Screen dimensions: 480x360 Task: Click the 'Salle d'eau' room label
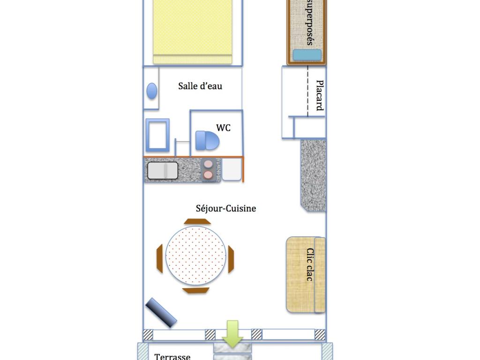[x=200, y=86]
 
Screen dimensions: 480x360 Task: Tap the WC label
[x=223, y=127]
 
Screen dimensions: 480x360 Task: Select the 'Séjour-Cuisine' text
[x=226, y=209]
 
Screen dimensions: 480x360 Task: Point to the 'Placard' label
[x=320, y=95]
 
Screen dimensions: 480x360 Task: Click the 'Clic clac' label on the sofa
[x=310, y=264]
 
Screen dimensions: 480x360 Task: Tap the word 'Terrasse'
[x=172, y=357]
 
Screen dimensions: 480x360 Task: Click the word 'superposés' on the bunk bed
[x=310, y=22]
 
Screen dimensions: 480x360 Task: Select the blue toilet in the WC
[x=207, y=141]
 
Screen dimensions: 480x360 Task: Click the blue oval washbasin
[x=152, y=91]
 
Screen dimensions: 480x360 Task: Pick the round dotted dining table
[x=196, y=255]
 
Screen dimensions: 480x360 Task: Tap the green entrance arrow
[x=232, y=334]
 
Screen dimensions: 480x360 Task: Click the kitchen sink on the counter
[x=163, y=171]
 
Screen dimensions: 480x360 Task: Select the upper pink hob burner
[x=208, y=165]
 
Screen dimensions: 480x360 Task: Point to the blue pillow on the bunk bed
[x=307, y=55]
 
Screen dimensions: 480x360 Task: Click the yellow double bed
[x=193, y=32]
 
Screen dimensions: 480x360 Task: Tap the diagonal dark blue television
[x=161, y=313]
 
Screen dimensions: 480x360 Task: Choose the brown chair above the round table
[x=197, y=221]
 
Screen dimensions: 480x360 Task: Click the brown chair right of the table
[x=231, y=259]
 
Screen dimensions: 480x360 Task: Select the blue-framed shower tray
[x=157, y=135]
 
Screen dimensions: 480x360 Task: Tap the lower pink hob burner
[x=208, y=175]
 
